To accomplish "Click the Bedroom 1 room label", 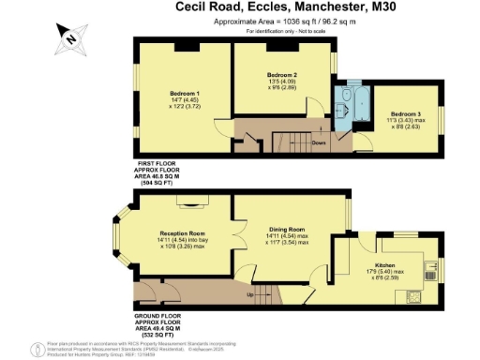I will (x=185, y=94).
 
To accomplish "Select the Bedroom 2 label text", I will (x=282, y=75).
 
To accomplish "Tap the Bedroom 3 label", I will (x=406, y=113).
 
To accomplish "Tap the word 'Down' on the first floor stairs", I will (x=319, y=143).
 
